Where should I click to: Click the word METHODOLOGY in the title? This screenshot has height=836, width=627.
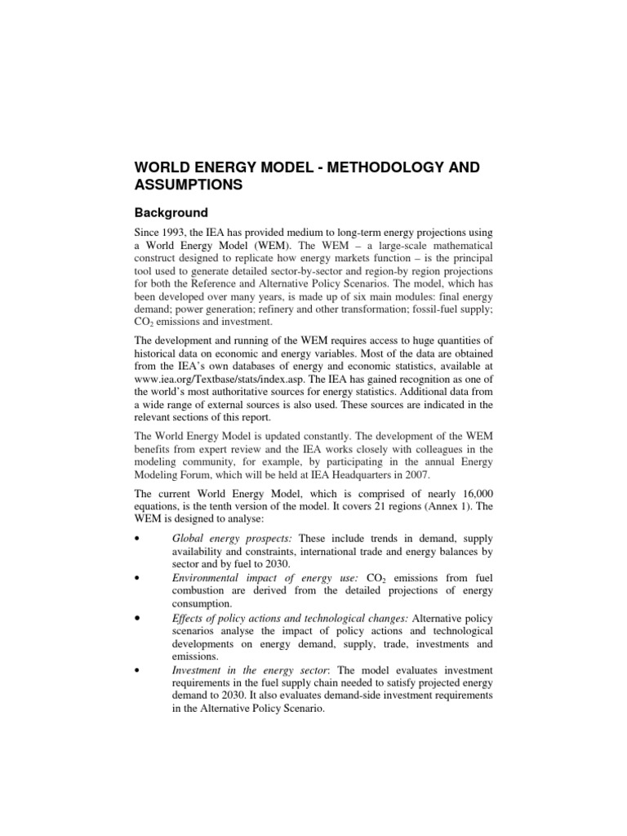pos(357,167)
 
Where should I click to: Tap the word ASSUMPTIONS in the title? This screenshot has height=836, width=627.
pos(189,185)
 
